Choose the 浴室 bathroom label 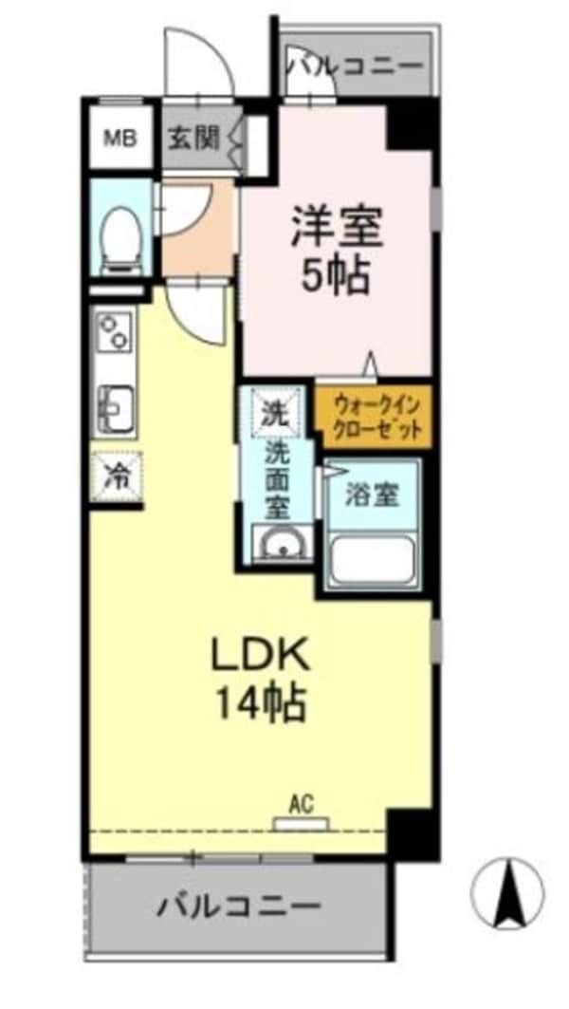(x=371, y=495)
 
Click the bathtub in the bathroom (x=371, y=559)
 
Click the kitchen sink (x=115, y=406)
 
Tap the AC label (x=301, y=805)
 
